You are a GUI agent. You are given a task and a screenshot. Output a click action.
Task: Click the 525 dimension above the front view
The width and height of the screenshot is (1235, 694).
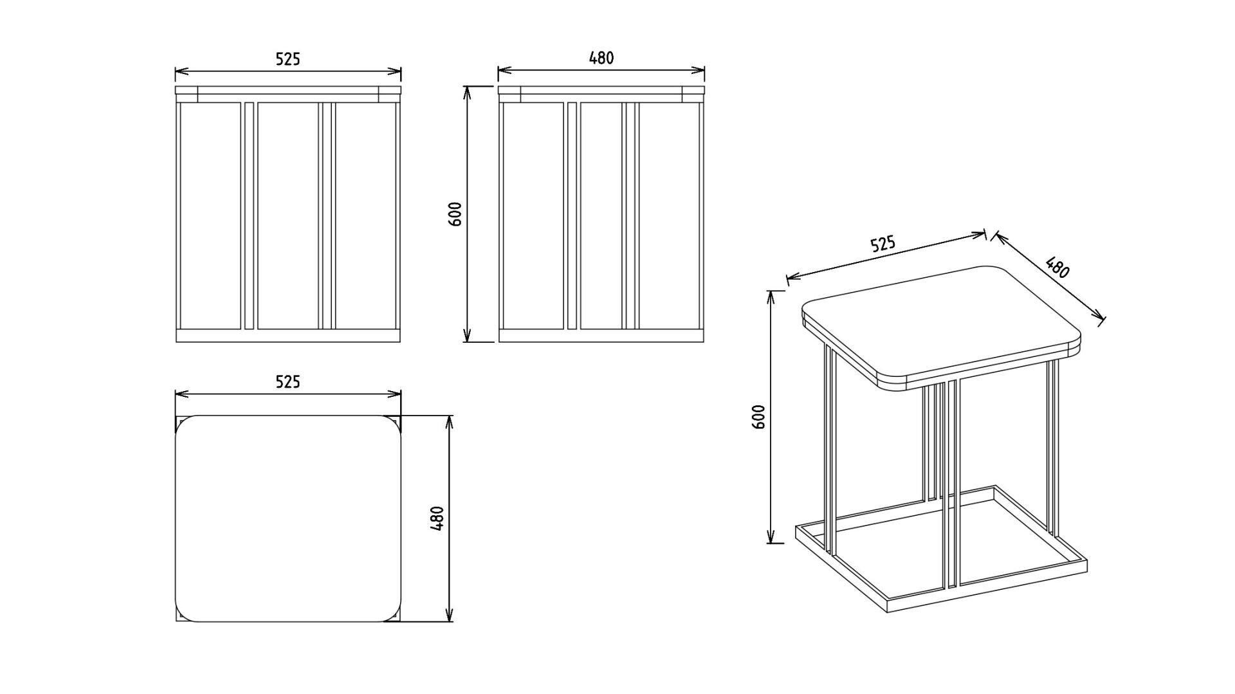[288, 59]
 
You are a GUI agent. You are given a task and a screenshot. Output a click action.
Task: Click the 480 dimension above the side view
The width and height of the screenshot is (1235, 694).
[601, 58]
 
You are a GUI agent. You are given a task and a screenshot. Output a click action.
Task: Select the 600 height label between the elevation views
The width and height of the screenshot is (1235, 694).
[455, 214]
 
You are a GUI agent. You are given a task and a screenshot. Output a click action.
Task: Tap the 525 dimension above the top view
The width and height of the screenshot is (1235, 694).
[288, 382]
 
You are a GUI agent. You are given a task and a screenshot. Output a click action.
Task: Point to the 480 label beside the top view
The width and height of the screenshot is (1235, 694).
[437, 518]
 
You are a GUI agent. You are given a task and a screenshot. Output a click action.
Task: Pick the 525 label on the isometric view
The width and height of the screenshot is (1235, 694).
[883, 244]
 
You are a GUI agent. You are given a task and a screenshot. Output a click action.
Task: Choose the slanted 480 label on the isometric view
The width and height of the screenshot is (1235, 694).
[1057, 268]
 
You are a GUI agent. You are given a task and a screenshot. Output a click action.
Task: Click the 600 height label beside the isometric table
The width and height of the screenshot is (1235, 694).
[759, 417]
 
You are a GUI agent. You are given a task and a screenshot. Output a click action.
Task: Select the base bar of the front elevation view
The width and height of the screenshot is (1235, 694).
[288, 336]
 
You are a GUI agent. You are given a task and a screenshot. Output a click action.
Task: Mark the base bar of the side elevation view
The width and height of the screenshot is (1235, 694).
[601, 336]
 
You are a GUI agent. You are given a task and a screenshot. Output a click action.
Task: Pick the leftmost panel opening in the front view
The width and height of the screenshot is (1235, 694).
[210, 215]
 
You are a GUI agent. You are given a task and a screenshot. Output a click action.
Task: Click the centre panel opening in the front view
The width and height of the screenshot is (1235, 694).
[288, 215]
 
